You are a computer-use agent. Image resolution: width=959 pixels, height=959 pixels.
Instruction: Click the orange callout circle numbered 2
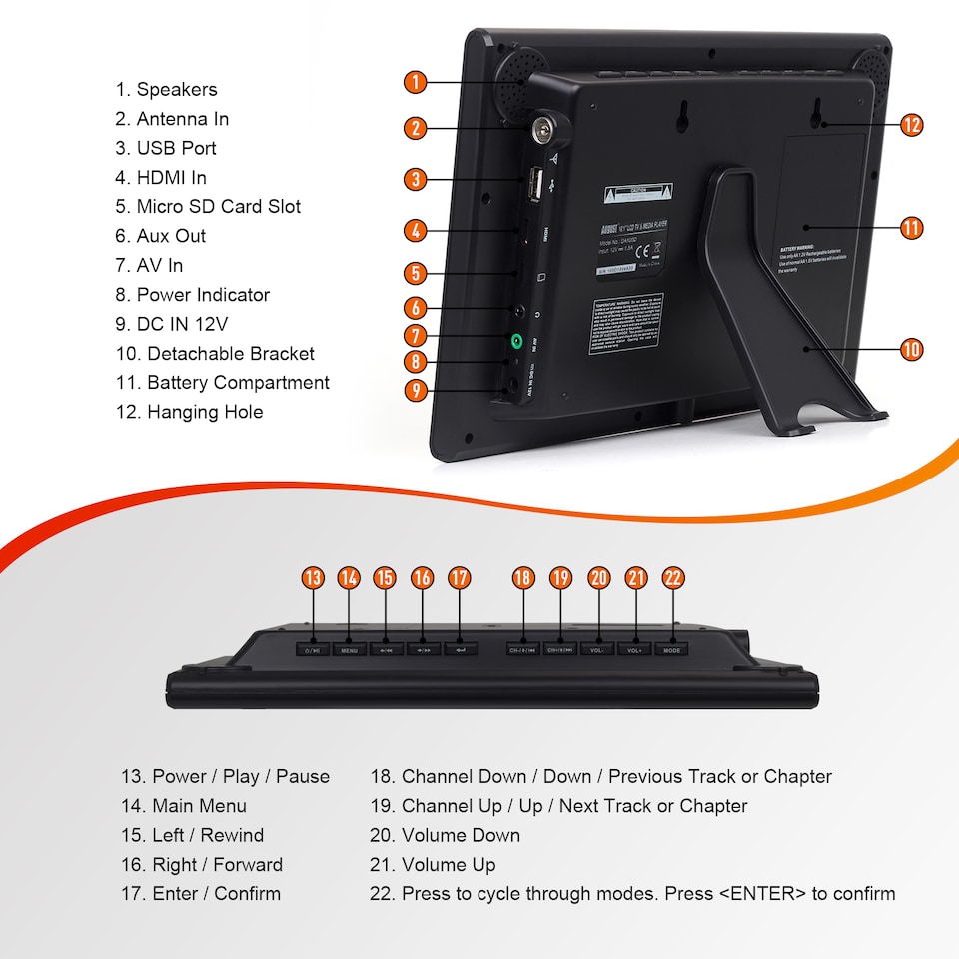(x=417, y=128)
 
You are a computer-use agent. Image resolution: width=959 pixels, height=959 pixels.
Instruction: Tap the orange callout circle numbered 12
(x=910, y=125)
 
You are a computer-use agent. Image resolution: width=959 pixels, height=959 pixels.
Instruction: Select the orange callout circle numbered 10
(x=910, y=350)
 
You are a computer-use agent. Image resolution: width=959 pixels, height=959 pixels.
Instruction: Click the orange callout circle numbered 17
(x=460, y=577)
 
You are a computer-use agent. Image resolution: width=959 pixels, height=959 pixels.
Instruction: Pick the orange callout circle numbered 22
(x=672, y=577)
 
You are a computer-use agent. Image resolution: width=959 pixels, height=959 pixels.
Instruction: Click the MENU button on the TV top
(x=349, y=649)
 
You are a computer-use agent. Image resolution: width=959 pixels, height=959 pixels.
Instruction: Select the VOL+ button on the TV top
(x=634, y=649)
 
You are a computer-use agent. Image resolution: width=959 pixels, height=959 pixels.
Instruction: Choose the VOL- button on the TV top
(x=597, y=649)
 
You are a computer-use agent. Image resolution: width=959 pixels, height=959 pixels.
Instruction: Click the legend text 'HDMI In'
(x=171, y=177)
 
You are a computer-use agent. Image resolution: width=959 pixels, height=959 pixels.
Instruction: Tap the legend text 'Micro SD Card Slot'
(x=218, y=207)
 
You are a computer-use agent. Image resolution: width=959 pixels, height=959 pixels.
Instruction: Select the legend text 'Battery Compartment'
(x=238, y=383)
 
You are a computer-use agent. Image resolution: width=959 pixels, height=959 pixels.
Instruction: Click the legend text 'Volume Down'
(x=461, y=835)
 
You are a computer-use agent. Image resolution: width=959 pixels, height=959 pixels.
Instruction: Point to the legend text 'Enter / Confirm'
(x=216, y=894)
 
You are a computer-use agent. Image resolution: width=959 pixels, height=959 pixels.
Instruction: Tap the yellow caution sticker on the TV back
(x=638, y=192)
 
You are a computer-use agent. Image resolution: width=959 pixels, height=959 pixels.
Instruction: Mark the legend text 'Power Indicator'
(x=203, y=295)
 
